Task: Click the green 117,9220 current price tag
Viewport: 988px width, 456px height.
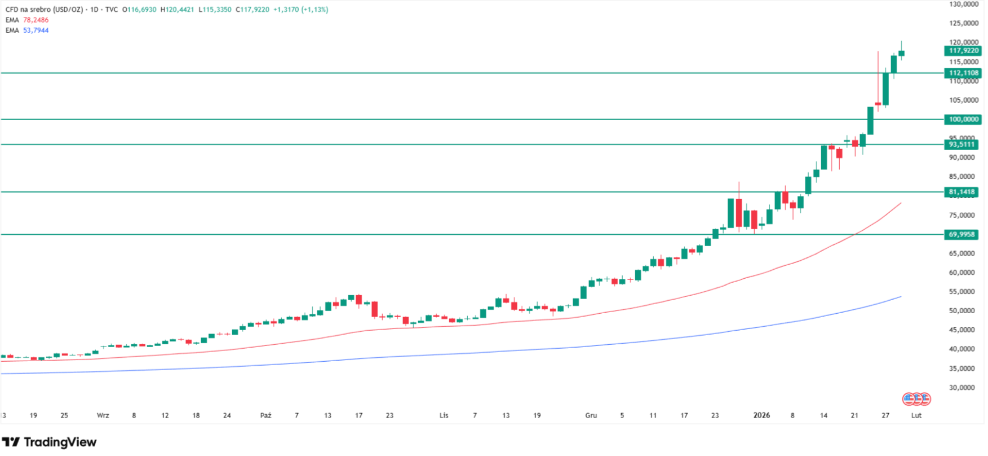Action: (963, 51)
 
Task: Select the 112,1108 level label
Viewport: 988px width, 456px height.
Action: (963, 73)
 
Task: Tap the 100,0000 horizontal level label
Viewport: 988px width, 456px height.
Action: (963, 119)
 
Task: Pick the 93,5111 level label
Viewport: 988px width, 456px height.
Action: (962, 144)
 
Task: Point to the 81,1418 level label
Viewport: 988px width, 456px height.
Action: (962, 192)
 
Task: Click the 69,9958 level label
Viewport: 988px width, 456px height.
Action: (962, 234)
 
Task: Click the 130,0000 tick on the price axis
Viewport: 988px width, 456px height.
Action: (964, 4)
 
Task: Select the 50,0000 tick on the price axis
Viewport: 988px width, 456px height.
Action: (962, 311)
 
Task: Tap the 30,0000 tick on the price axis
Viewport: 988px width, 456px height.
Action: (962, 388)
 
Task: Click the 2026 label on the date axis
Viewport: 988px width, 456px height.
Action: (761, 415)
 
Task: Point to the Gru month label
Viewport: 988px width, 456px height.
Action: (591, 415)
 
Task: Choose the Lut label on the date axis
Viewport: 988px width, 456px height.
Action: (916, 415)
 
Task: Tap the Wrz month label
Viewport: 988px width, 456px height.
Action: (103, 415)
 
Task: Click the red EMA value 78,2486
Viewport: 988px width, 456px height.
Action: (36, 20)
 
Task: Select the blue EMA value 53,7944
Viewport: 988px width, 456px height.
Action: (36, 30)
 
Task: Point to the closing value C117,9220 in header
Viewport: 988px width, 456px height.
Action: (252, 10)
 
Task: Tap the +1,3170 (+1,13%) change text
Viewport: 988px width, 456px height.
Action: (300, 10)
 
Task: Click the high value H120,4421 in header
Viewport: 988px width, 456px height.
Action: (177, 10)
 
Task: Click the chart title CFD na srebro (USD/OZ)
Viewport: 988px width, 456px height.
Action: (45, 10)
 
